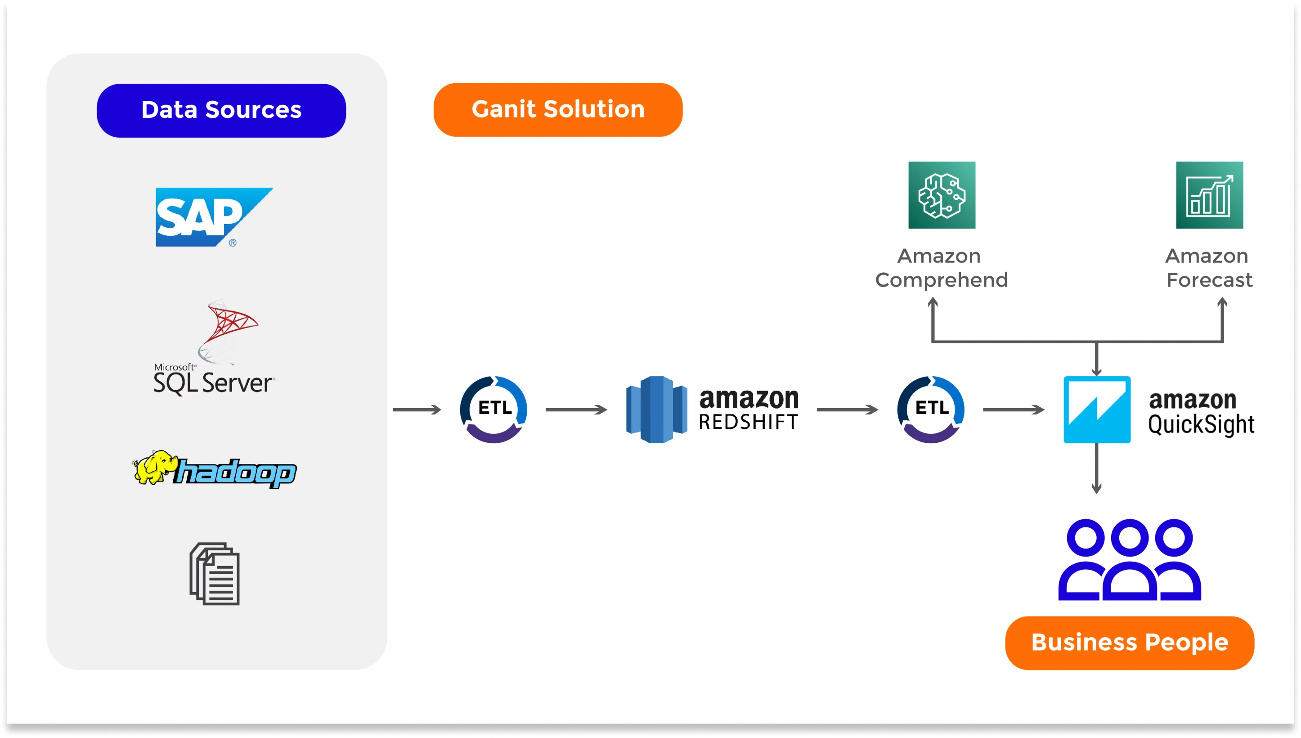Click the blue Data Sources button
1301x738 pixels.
coord(221,111)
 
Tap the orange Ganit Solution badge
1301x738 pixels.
coord(558,109)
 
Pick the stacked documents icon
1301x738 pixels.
coord(215,574)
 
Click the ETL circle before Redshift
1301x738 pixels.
coord(494,409)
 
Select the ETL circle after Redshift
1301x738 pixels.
coord(931,409)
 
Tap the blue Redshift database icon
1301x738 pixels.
coord(657,409)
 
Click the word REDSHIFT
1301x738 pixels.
coord(748,422)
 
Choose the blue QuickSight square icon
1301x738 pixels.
coord(1097,409)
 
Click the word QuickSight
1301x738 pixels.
coord(1201,424)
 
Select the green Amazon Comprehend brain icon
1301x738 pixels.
coord(941,195)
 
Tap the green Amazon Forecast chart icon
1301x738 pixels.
coord(1209,195)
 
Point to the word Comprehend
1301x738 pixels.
coord(941,280)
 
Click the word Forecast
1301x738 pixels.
coord(1209,280)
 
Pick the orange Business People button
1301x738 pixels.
coord(1129,643)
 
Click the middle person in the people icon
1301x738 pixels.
coord(1129,560)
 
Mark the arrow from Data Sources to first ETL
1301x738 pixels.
coord(417,409)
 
